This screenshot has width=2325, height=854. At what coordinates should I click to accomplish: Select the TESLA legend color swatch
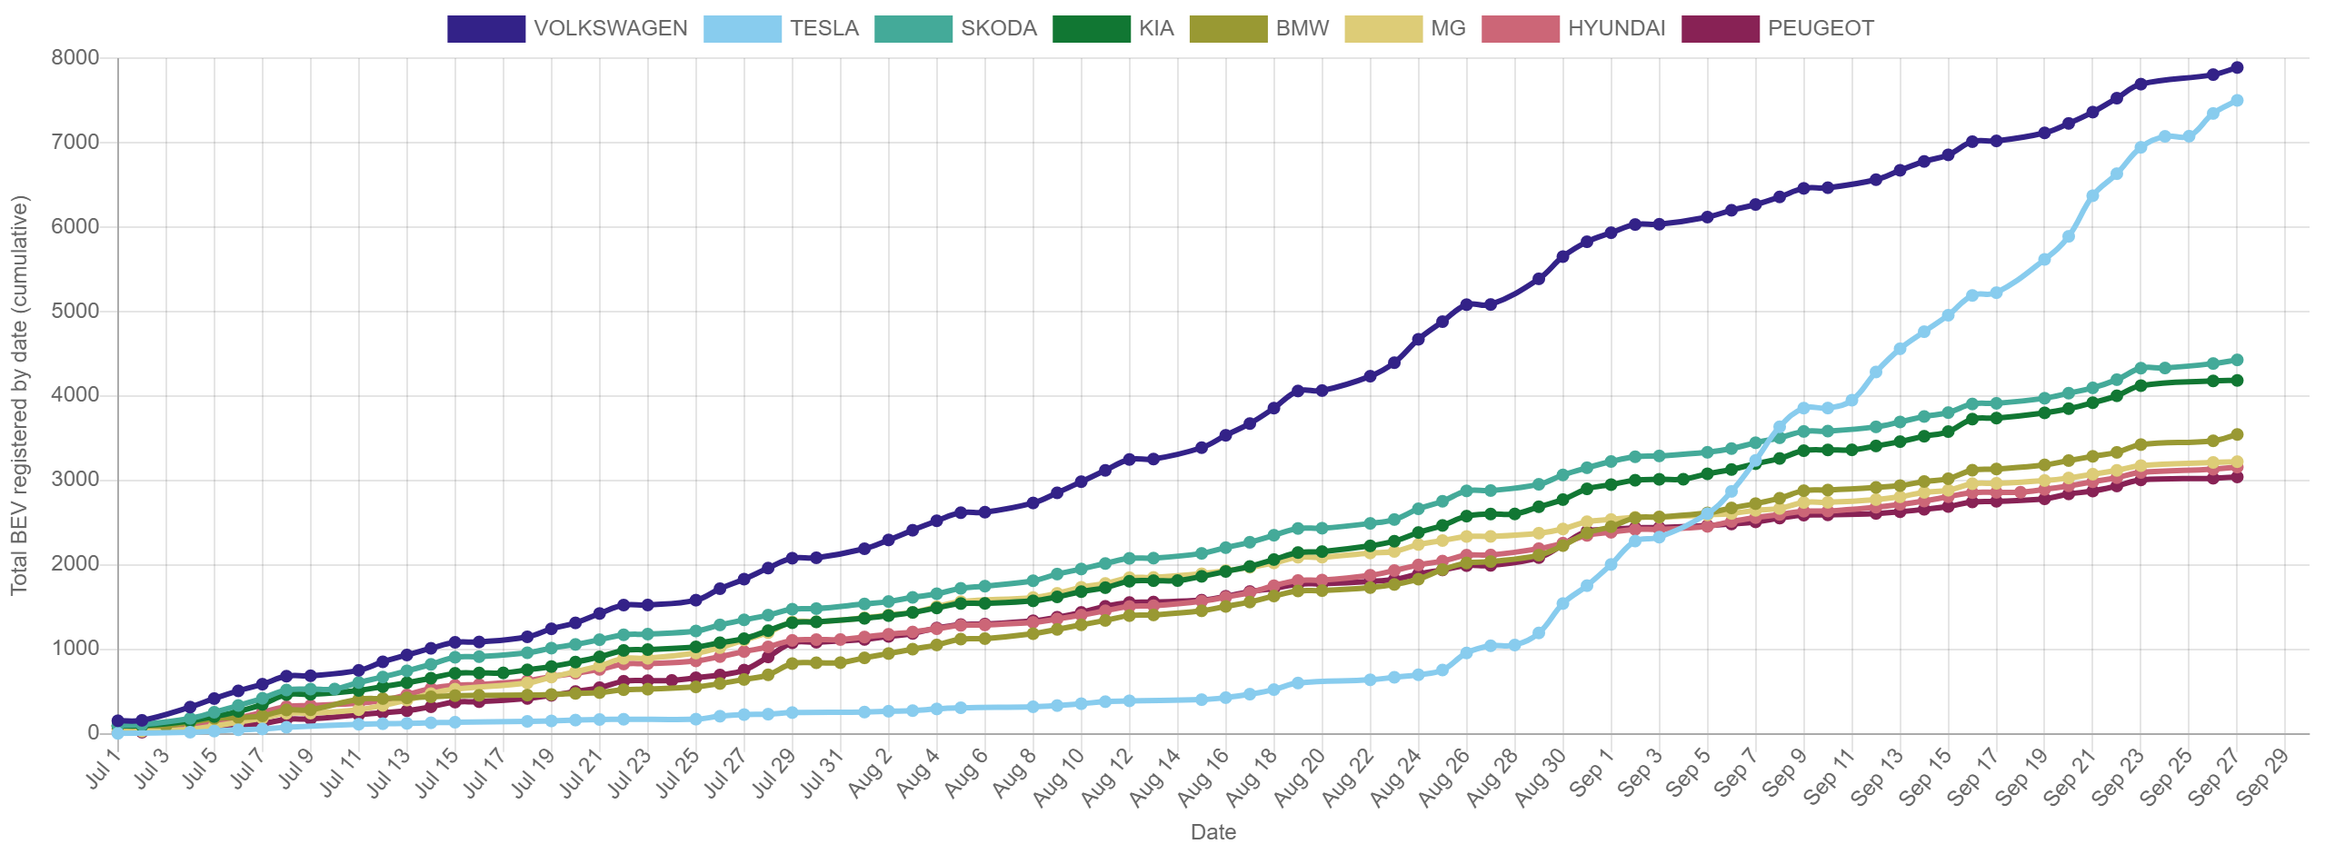coord(742,28)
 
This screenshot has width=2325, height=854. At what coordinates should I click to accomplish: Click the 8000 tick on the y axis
coord(75,57)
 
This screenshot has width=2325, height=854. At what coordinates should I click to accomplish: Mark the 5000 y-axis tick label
coord(75,311)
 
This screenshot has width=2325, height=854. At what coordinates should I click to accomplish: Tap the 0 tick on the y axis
coord(94,732)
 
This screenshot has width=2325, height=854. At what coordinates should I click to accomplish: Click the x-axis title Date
coord(1212,831)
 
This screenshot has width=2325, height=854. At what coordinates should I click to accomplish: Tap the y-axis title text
coord(20,395)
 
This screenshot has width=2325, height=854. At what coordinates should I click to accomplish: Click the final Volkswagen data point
coord(2237,67)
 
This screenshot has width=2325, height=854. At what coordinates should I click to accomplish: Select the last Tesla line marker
coord(2237,100)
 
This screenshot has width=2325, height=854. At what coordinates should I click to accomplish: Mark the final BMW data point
coord(2237,434)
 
